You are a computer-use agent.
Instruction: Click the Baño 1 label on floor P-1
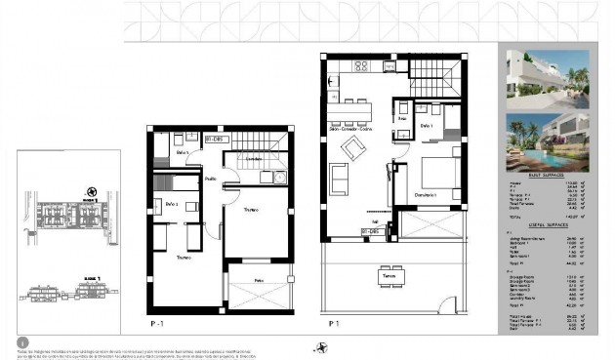tap(182, 153)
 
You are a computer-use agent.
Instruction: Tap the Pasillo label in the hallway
tap(210, 180)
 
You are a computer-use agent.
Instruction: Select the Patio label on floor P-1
tap(259, 280)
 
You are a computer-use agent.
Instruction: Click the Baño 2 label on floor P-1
tap(171, 204)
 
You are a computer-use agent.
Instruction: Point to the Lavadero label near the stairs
tap(253, 158)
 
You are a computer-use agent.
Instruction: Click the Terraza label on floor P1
tap(389, 277)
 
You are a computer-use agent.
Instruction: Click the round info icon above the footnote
tap(22, 342)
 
